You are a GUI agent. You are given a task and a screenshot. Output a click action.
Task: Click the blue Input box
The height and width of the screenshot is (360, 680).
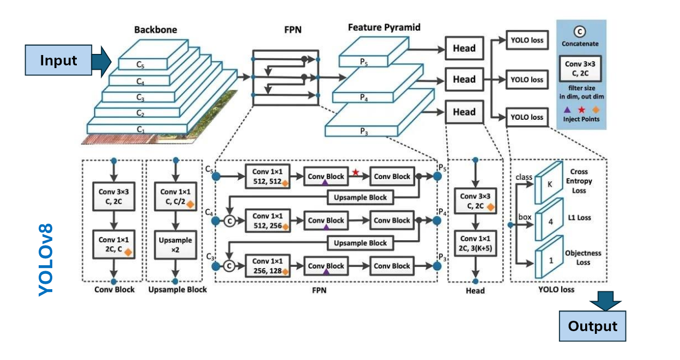[x=58, y=60]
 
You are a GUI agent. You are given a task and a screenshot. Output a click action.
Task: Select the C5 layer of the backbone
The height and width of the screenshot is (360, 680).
[x=141, y=64]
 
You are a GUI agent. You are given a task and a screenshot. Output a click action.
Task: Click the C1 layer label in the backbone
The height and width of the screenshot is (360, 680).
[x=141, y=130]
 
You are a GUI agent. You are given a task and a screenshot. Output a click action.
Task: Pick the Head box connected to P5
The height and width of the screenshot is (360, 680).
[x=464, y=48]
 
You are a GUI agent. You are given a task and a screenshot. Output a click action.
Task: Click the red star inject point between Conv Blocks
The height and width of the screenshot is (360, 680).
[x=356, y=172]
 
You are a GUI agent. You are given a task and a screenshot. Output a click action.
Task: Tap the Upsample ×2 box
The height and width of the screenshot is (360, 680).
[x=175, y=244]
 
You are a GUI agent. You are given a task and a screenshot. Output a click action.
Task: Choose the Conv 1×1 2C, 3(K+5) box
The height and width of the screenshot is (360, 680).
[x=476, y=243]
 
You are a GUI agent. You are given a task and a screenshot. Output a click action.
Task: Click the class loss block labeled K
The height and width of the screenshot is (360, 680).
[x=550, y=184]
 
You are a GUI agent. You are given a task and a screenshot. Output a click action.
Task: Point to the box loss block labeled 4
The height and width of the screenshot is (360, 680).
[x=550, y=222]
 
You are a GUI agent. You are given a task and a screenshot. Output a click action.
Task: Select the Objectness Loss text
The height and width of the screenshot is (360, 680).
[x=583, y=258]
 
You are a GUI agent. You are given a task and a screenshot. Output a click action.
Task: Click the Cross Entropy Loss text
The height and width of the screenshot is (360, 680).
[x=582, y=181]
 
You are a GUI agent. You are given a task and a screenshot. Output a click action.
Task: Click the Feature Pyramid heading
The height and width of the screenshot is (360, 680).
[x=384, y=27]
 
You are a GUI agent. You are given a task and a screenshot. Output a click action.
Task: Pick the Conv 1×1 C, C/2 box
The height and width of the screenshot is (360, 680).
[x=175, y=197]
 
